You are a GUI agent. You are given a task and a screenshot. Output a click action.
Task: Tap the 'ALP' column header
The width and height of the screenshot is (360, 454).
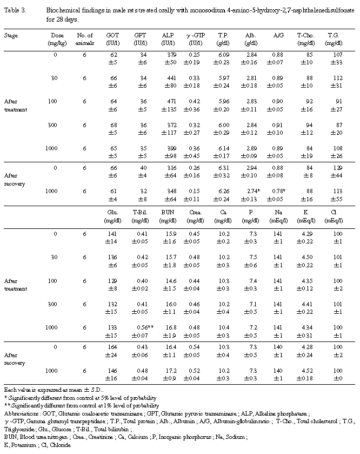coord(166,35)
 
